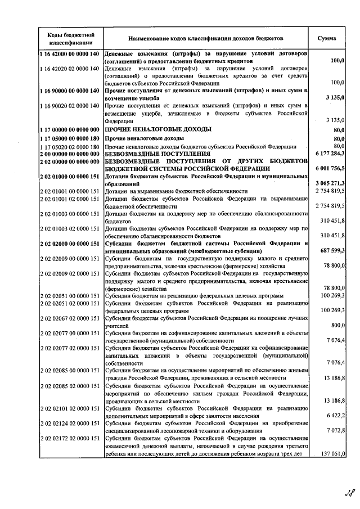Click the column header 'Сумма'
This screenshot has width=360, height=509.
pos(327,38)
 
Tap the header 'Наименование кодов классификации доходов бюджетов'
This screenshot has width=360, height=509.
pos(206,38)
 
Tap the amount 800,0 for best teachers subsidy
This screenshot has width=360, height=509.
pos(337,325)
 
